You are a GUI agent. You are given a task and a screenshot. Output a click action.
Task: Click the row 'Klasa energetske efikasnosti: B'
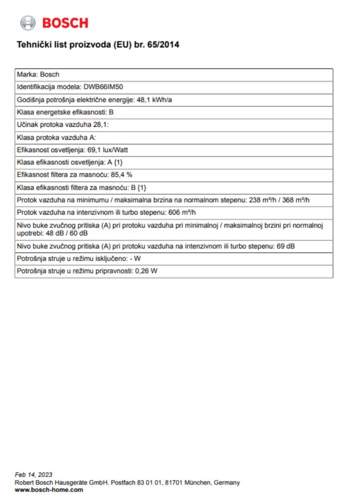click(x=65, y=112)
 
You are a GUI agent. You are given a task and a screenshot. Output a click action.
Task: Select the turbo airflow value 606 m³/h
click(x=181, y=212)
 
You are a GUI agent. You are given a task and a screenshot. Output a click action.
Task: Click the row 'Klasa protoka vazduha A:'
click(x=52, y=137)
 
